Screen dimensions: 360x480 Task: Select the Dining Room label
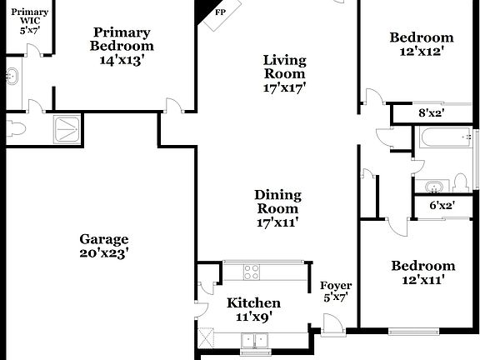coord(277,202)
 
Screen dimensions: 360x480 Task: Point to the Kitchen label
coord(253,302)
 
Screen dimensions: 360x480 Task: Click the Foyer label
coord(336,286)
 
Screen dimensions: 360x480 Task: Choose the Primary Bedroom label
coord(121,39)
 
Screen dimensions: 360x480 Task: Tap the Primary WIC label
coord(29,12)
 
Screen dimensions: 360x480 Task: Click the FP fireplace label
coord(220,13)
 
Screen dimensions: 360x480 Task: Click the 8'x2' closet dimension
coord(431,113)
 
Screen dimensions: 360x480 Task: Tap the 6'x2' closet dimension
coord(442,205)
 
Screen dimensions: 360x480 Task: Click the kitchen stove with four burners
coord(252,271)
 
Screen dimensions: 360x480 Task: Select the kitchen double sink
coord(254,339)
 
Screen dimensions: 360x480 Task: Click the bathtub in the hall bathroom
coord(446,138)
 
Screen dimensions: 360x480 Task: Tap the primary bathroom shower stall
coord(67,127)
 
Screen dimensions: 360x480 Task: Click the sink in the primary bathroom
coord(12,77)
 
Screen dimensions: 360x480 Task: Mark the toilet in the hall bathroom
coord(460,183)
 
